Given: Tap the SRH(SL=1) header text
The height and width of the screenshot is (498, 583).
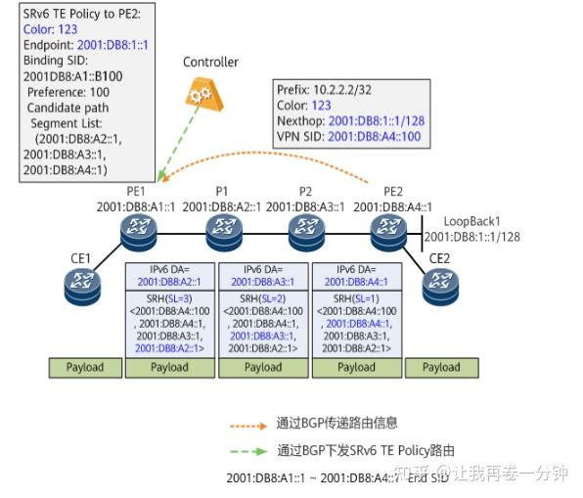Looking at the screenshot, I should coord(355,297).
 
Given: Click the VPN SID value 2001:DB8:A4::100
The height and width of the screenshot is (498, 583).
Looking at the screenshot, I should coord(376,136).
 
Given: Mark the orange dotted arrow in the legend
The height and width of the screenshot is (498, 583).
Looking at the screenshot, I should coord(248,425).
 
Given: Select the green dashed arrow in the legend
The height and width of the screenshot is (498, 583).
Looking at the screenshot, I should coord(248,451).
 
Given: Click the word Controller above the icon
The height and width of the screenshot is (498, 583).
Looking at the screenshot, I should coord(210,63).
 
